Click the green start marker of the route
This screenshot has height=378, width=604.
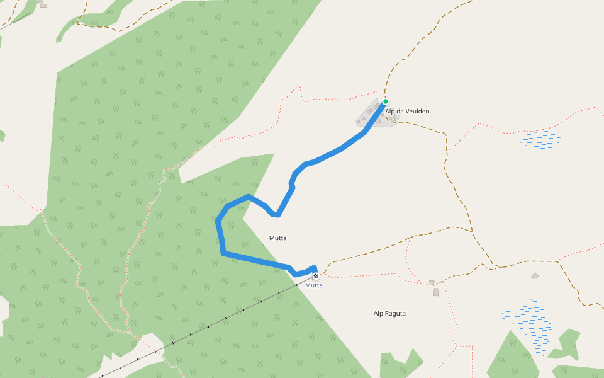[x=385, y=101]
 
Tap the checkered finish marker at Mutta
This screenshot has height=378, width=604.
[x=315, y=276]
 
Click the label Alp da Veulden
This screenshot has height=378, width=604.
[x=407, y=112]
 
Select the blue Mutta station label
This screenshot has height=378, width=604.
[x=314, y=285]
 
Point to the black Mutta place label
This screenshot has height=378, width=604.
[x=278, y=238]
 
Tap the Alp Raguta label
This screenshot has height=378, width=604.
[x=389, y=314]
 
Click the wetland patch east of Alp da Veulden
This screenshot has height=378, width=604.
[x=539, y=139]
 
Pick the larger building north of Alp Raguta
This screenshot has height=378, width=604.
[x=436, y=292]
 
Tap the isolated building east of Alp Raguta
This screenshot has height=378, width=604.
[x=535, y=276]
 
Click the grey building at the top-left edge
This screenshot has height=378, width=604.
[x=43, y=4]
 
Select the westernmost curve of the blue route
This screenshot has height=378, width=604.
[x=218, y=222]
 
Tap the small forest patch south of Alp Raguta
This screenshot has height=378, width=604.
[x=401, y=365]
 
